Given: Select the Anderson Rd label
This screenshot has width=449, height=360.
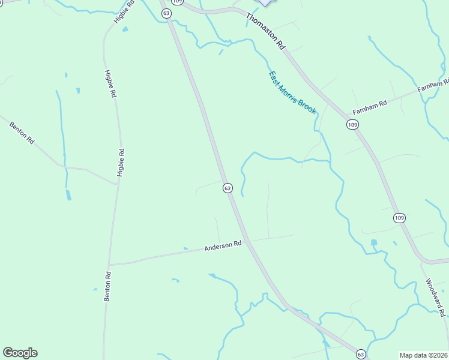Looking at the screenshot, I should pyautogui.click(x=223, y=246).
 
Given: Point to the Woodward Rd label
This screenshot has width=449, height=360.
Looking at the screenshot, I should pyautogui.click(x=436, y=297).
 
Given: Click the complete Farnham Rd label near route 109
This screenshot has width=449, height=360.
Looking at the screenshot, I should pyautogui.click(x=370, y=107).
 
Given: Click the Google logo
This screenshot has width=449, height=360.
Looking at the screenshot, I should pyautogui.click(x=20, y=353).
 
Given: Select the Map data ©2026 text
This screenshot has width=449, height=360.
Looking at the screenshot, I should pyautogui.click(x=424, y=355).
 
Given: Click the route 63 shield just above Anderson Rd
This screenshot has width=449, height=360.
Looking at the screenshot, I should pyautogui.click(x=228, y=188).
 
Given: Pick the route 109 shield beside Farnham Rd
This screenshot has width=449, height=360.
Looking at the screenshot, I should pyautogui.click(x=352, y=124).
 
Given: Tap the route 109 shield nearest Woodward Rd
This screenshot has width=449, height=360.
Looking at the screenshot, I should pyautogui.click(x=400, y=217).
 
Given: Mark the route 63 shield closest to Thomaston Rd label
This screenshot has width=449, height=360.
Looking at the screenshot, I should pyautogui.click(x=166, y=13).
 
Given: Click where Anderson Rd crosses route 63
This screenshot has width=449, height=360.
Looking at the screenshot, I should pyautogui.click(x=247, y=241).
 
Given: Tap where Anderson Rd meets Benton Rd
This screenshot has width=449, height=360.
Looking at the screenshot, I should pyautogui.click(x=109, y=264).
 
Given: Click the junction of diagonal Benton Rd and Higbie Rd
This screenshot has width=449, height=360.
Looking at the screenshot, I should pyautogui.click(x=118, y=184).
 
